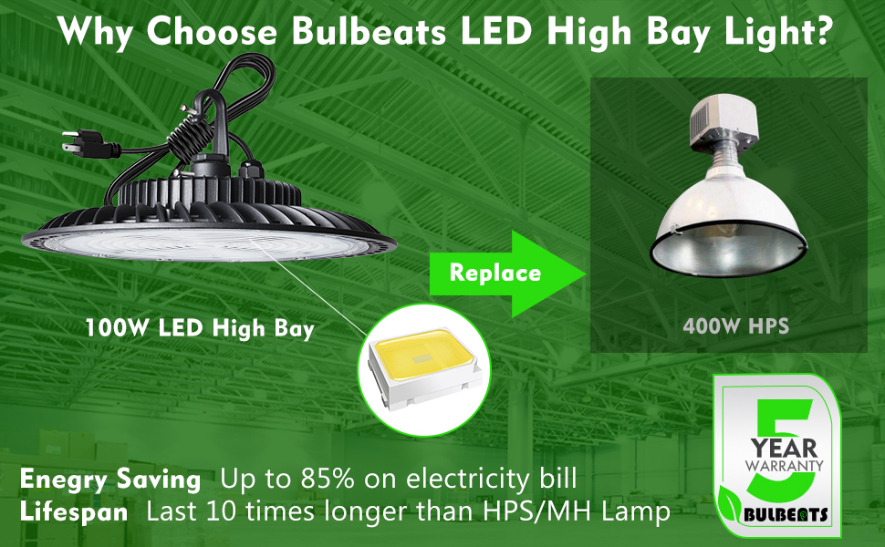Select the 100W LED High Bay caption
coord(199,328)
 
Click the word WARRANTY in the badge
coord(784,466)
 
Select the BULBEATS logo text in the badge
coord(794,515)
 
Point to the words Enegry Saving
coord(110,480)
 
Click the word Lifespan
coord(74,512)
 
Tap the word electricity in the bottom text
coord(471,480)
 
